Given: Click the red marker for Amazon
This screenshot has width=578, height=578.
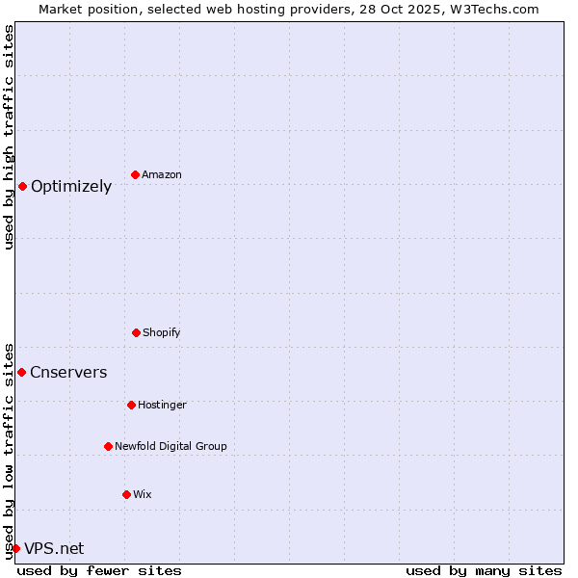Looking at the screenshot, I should click(x=135, y=174).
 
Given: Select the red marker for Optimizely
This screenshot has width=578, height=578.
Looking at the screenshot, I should click(x=22, y=186).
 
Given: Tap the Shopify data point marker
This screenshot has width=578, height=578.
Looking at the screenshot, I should click(x=136, y=332).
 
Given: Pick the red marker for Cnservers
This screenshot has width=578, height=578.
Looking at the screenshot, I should click(x=21, y=372).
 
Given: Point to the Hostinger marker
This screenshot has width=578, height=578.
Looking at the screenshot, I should click(x=131, y=405).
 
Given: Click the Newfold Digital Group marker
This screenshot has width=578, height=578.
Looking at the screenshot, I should click(x=108, y=446).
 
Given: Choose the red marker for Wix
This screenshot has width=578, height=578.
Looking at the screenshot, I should click(x=126, y=494).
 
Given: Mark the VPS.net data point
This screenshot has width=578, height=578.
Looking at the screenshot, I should click(x=15, y=548).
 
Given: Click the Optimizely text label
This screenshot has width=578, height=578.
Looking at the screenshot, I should click(x=71, y=187).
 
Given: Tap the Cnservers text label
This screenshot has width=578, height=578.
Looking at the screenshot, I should click(x=68, y=373).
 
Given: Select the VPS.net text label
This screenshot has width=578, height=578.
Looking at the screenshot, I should click(x=54, y=549).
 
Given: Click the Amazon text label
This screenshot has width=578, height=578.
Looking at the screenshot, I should click(x=162, y=174).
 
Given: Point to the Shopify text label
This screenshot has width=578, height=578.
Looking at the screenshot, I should click(x=162, y=332).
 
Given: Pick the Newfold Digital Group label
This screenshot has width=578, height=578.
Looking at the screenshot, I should click(x=171, y=446).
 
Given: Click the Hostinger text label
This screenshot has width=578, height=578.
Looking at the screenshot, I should click(x=162, y=405).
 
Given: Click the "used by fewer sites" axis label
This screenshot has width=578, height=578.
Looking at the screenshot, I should click(x=99, y=570).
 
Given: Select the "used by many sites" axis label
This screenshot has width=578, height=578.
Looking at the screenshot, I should click(x=484, y=570).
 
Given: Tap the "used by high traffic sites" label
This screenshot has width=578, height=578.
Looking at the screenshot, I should click(x=9, y=137).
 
